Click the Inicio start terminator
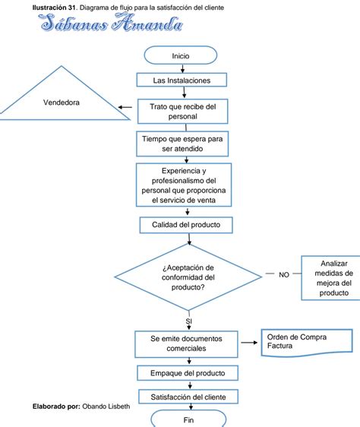181,55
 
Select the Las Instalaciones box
182,80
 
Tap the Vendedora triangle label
62,103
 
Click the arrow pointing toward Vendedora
125,107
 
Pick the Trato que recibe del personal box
183,112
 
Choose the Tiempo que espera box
182,144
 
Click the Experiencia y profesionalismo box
184,185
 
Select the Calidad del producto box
186,225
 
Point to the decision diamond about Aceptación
188,277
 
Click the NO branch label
284,275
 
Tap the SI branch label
188,321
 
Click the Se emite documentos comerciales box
186,344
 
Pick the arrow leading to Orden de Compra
249,343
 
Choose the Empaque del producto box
188,373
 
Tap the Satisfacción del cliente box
188,397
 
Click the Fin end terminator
188,419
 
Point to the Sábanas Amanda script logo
111,23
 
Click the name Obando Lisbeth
106,406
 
